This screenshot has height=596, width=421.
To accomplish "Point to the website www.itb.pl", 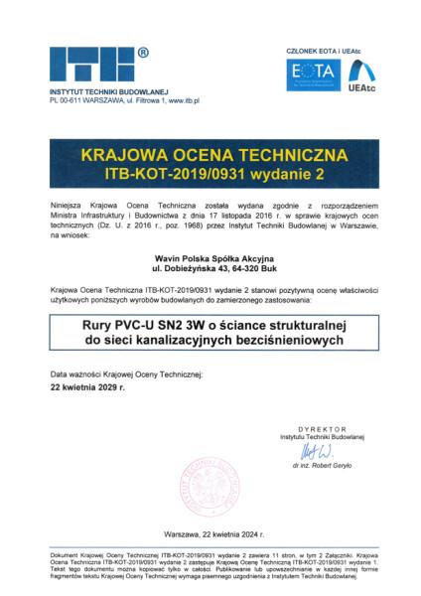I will pos(184,101).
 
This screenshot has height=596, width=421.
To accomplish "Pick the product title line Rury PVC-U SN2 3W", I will pos(210,324).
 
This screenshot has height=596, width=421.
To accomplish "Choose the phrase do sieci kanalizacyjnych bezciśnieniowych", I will pos(210,340).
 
